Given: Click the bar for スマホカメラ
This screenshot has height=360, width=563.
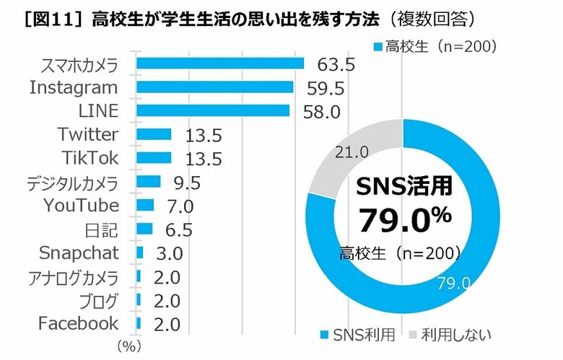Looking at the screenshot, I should click(x=219, y=63).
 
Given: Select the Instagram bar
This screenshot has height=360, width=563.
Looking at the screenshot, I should click(x=214, y=87).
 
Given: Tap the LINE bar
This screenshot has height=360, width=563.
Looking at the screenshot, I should click(x=212, y=110).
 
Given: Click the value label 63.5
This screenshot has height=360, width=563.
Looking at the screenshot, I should click(x=336, y=65).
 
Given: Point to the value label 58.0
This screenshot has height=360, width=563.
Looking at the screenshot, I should click(x=321, y=112).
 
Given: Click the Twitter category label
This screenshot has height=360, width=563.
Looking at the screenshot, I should click(x=87, y=134).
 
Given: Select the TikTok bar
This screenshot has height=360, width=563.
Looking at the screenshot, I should click(x=153, y=158).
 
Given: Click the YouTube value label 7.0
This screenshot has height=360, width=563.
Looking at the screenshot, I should click(x=179, y=206).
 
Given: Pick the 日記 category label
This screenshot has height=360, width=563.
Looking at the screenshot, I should click(x=101, y=229).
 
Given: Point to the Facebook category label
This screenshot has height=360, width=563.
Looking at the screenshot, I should click(x=78, y=322).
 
